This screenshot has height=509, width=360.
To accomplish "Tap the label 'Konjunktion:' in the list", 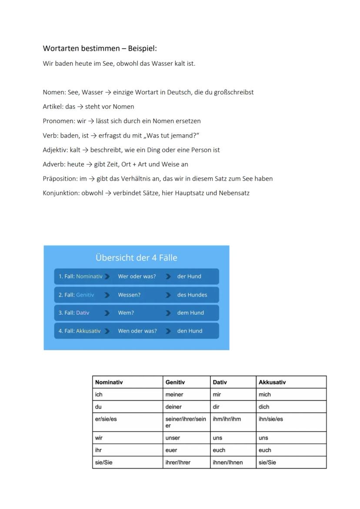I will [x=61, y=193].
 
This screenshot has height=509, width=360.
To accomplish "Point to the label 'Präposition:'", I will [x=60, y=179].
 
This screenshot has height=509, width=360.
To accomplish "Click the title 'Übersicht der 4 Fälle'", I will [x=136, y=258].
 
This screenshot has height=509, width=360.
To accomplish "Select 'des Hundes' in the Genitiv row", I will [x=192, y=295].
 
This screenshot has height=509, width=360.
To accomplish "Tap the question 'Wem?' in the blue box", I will [x=126, y=313].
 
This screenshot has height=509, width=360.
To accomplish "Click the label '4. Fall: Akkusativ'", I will [x=80, y=331].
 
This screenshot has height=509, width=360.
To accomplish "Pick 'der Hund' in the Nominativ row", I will [x=189, y=276].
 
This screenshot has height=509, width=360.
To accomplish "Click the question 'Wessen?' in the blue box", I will [x=129, y=295].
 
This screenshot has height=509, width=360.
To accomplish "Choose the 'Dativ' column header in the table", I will [x=220, y=383].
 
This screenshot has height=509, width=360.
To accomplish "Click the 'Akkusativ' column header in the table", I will [x=272, y=383].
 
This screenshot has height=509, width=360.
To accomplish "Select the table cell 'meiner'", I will [x=174, y=395].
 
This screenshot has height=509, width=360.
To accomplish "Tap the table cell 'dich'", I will [x=264, y=407].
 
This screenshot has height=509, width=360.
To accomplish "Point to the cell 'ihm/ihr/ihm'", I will [x=227, y=419].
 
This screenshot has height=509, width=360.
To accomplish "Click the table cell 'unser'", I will [x=173, y=438].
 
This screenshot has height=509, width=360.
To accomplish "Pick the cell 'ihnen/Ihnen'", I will [x=228, y=462].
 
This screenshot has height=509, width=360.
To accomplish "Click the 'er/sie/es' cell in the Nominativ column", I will [x=106, y=419].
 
